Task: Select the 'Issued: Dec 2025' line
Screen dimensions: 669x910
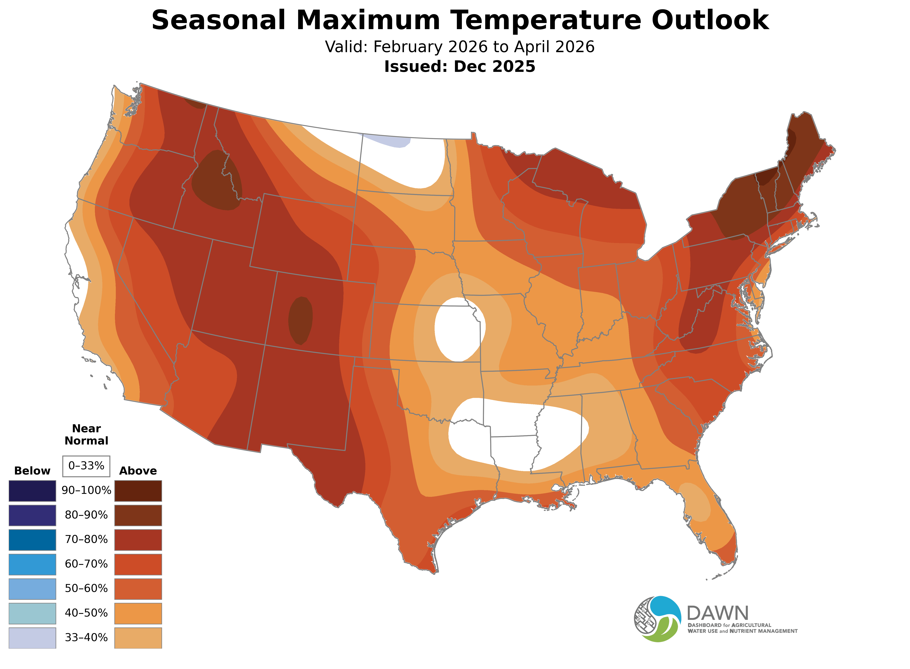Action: (x=460, y=66)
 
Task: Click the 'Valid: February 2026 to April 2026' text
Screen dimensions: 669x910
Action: (x=460, y=47)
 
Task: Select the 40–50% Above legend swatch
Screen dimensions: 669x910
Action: (x=138, y=613)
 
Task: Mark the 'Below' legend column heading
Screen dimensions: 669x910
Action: (x=32, y=471)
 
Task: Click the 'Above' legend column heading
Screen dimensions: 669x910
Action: (x=138, y=471)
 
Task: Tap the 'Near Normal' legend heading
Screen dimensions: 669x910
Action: (x=86, y=435)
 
